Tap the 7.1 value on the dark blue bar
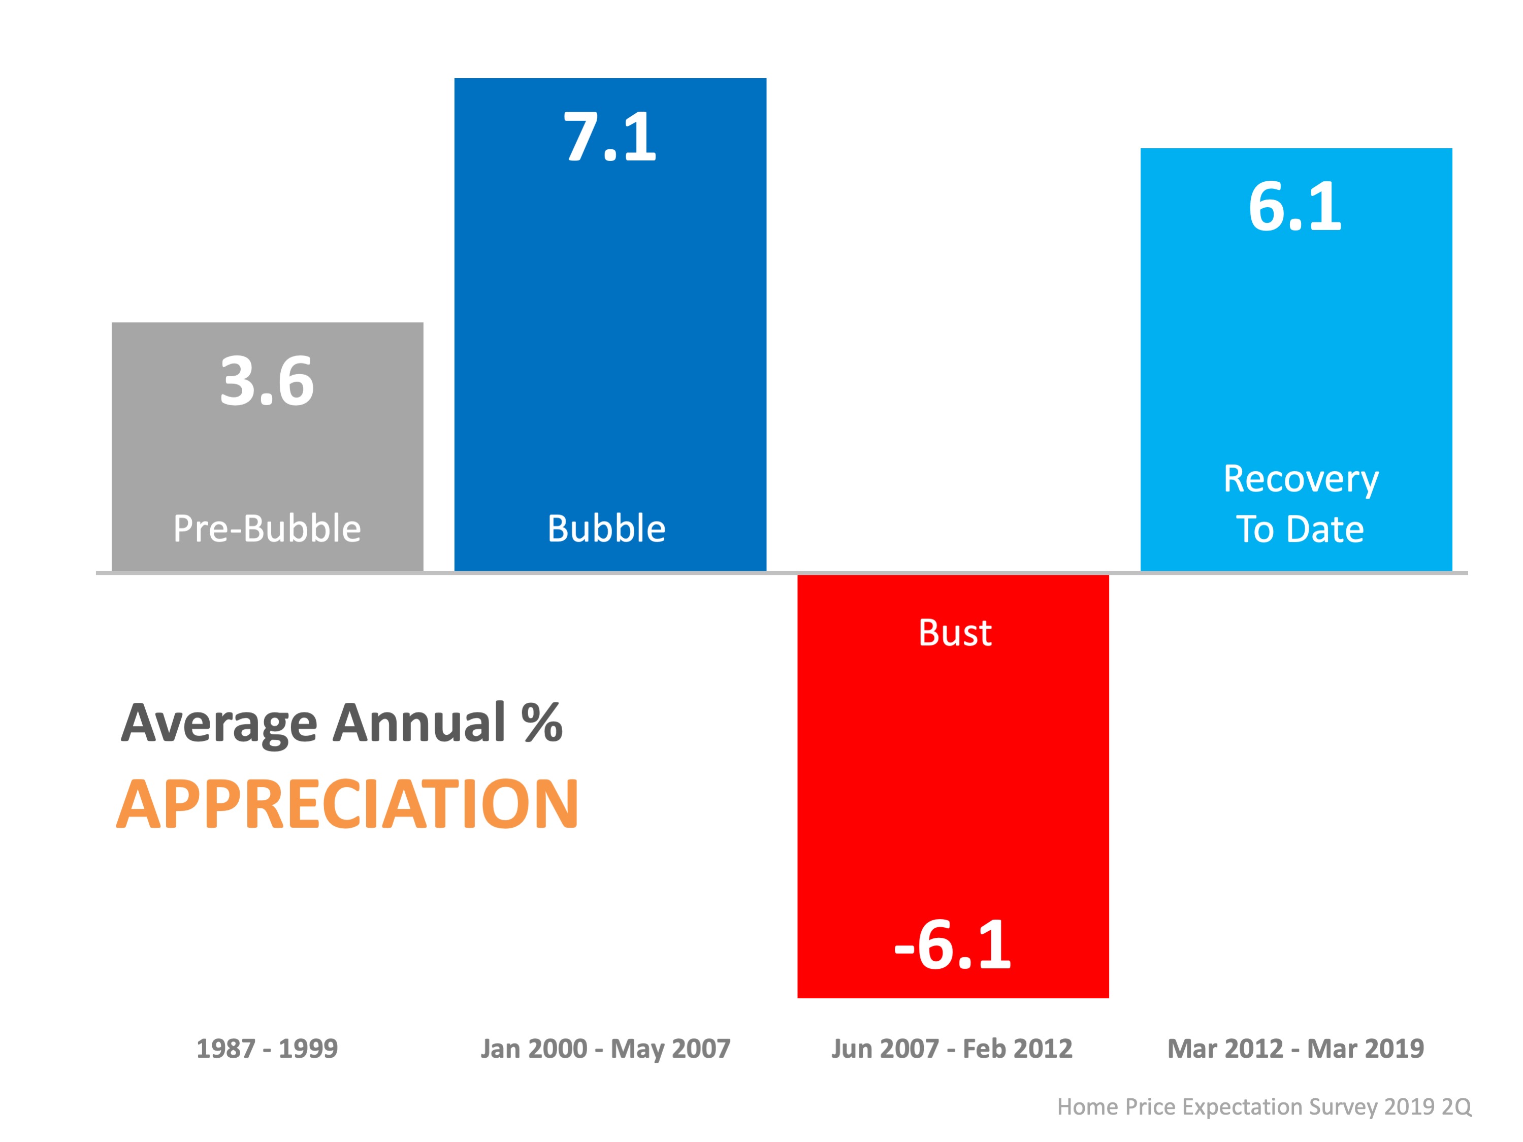[610, 137]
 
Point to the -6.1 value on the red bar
[953, 945]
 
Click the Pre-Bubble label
[267, 529]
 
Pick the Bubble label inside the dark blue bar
[606, 529]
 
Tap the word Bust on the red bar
[955, 633]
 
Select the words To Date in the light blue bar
[1300, 529]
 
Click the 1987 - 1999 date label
[267, 1049]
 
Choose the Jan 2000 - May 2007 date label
[605, 1049]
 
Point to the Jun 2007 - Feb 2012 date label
[952, 1049]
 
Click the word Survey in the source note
[1343, 1106]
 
